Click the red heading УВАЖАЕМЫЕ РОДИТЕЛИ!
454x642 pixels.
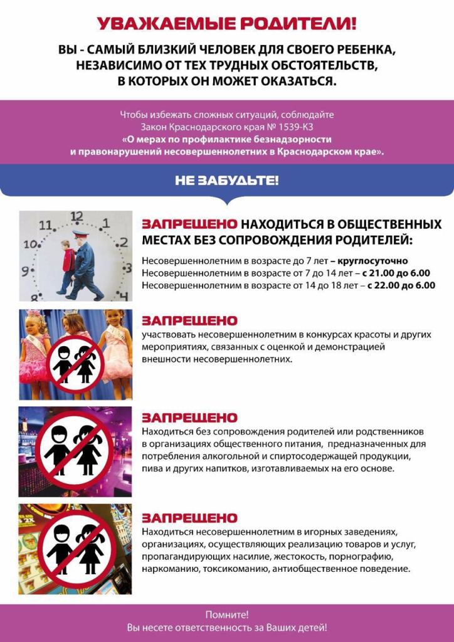coord(226,24)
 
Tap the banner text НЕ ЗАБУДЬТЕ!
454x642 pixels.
coord(226,182)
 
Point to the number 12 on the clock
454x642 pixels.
coord(77,216)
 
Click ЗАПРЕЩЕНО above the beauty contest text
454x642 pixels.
coord(189,320)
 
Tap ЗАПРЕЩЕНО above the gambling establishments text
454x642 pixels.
coord(189,518)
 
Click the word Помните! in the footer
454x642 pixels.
coord(226,615)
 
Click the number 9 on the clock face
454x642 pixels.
coord(26,271)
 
